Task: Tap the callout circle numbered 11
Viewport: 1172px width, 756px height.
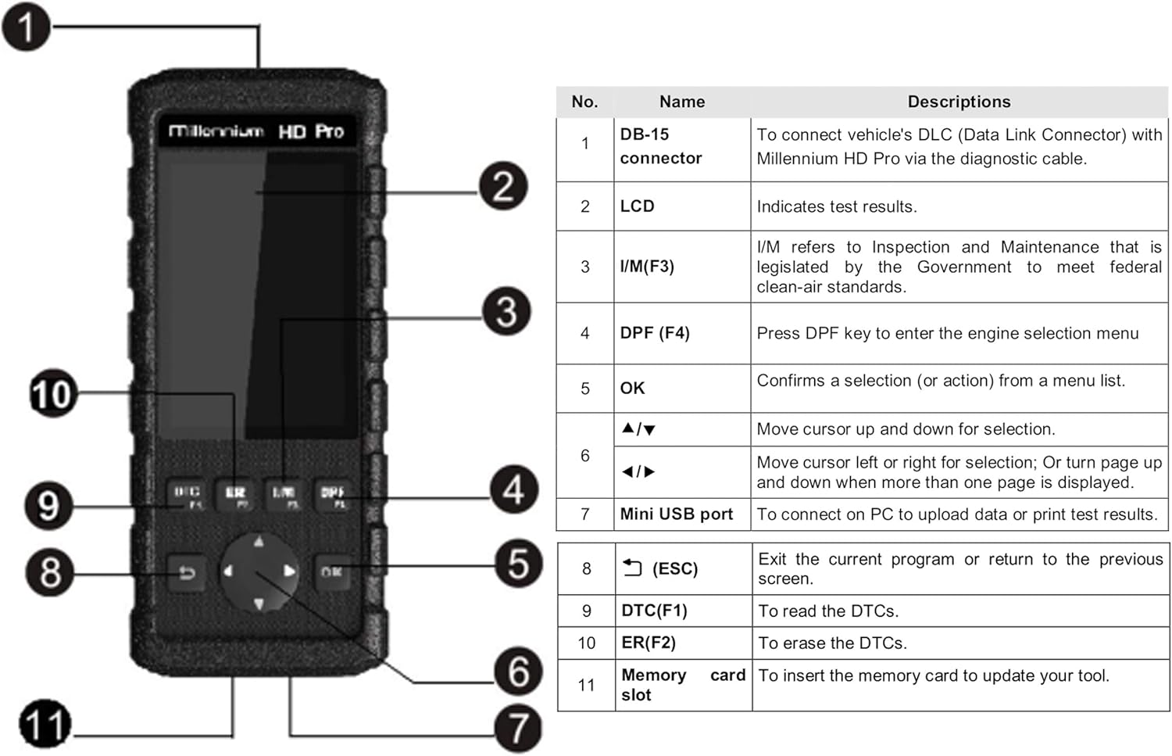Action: point(45,724)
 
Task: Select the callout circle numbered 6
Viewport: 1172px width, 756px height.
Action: point(518,671)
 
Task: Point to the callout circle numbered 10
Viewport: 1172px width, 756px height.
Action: point(52,393)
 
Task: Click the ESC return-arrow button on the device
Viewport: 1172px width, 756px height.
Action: point(187,573)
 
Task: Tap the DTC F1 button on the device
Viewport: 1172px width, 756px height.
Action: point(187,495)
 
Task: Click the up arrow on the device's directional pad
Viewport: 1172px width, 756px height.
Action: point(259,541)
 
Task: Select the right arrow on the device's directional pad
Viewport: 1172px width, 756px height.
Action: point(289,571)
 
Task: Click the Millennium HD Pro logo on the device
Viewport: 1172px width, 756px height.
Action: point(256,131)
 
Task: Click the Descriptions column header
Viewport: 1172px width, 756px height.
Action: point(959,102)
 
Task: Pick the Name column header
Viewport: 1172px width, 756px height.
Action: point(681,102)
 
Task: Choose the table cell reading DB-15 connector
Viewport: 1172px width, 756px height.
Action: point(660,146)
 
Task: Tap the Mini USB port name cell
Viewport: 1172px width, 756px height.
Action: point(676,514)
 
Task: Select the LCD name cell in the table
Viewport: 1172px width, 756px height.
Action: point(637,206)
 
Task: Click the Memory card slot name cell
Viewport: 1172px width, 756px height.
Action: point(682,685)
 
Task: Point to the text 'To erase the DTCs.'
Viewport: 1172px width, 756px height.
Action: point(832,643)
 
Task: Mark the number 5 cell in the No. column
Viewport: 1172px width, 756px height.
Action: point(584,389)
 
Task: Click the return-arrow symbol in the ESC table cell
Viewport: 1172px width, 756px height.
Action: point(632,568)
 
